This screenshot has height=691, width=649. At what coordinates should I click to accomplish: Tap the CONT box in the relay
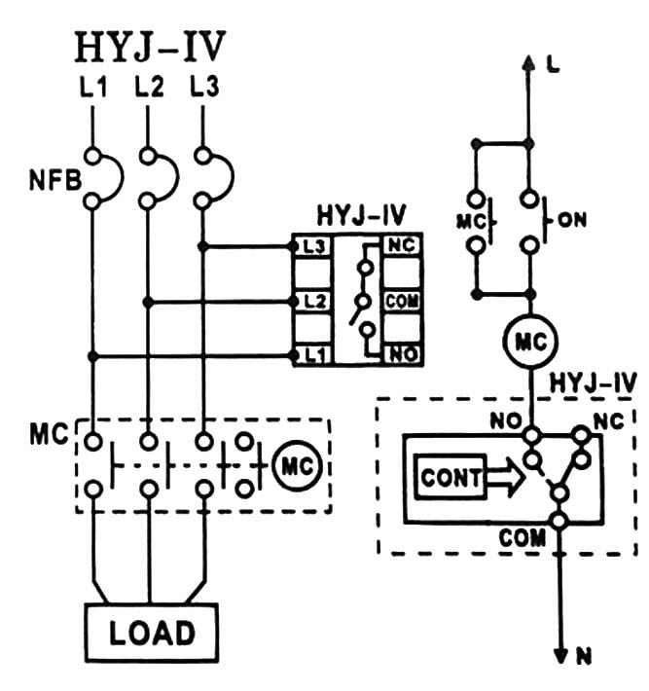(x=451, y=478)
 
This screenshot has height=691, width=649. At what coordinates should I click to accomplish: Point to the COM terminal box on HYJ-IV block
(x=401, y=301)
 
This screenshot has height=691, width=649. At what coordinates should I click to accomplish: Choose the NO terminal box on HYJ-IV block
(x=401, y=355)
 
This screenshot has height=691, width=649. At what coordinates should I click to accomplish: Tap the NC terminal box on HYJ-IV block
(x=401, y=246)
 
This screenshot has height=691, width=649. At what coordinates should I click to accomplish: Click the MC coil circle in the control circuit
(x=529, y=343)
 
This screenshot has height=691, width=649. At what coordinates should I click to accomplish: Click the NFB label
(x=47, y=179)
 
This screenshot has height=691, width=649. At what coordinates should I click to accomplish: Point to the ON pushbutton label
(x=575, y=221)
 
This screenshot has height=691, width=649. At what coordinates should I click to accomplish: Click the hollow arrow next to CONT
(x=502, y=478)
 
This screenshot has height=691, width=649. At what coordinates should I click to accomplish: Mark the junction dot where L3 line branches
(x=203, y=246)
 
